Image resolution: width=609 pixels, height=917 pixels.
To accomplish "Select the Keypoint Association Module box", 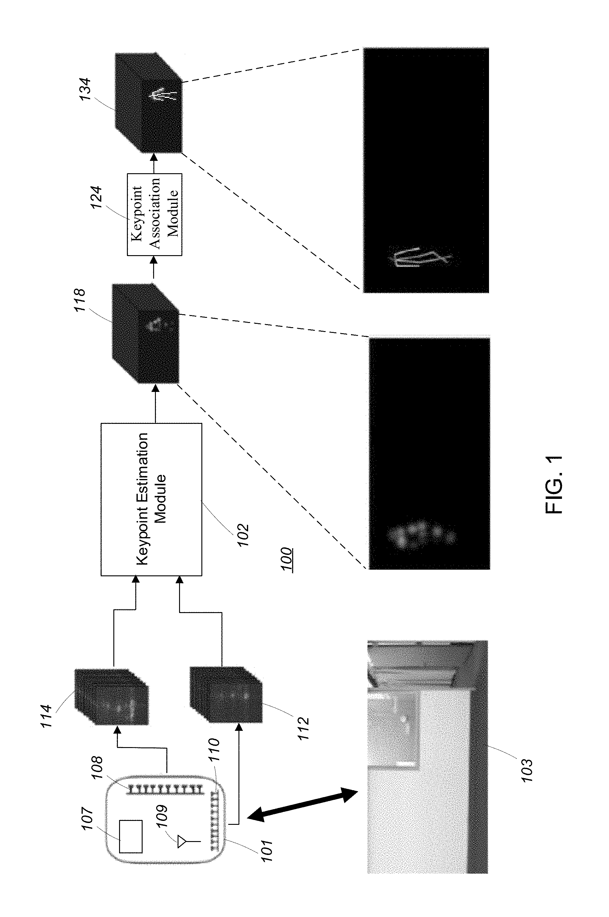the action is [155, 214].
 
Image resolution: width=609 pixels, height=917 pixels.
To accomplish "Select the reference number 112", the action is [303, 728].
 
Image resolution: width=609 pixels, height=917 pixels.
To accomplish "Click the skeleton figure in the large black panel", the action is [419, 256].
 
